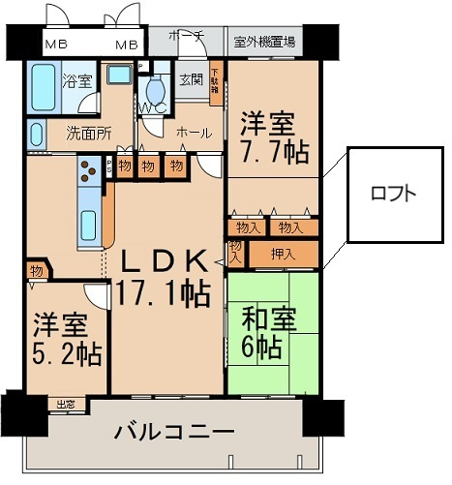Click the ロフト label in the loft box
click(393, 193)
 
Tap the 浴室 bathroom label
click(76, 81)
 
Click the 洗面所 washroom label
click(89, 134)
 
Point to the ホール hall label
click(194, 132)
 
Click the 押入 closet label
click(283, 255)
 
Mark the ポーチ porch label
click(186, 37)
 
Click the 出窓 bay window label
click(67, 403)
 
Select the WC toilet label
click(154, 107)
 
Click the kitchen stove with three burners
click(88, 170)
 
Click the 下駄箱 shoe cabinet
click(215, 83)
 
